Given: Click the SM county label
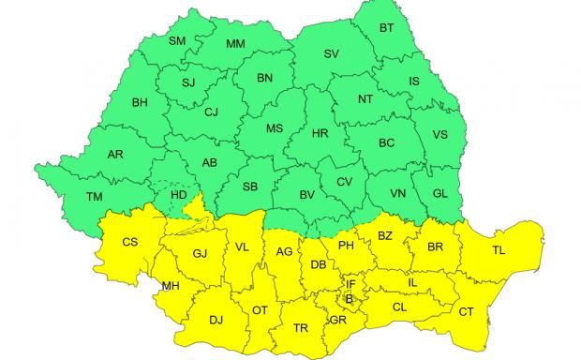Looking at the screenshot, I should (177, 40).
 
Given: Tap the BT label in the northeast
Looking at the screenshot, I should (386, 29).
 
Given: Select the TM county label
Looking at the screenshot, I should (95, 196).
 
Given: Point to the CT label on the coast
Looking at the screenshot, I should (467, 310).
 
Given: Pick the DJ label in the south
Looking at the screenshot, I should (216, 320).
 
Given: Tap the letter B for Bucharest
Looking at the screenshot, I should (349, 299).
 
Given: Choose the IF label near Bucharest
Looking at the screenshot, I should (350, 283).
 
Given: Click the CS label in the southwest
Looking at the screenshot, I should (130, 242).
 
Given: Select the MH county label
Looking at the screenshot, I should (171, 286).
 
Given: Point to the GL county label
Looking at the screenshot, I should (439, 192).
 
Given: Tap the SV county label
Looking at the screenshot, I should (331, 53).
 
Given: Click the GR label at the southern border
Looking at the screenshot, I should (338, 320).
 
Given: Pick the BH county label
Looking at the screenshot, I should (141, 102).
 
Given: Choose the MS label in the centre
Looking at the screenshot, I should (275, 128).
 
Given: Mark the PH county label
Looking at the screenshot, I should (346, 246).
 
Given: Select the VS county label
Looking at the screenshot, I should (439, 135).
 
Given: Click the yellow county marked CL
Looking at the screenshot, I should (400, 307).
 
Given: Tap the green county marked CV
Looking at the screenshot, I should (344, 182).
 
